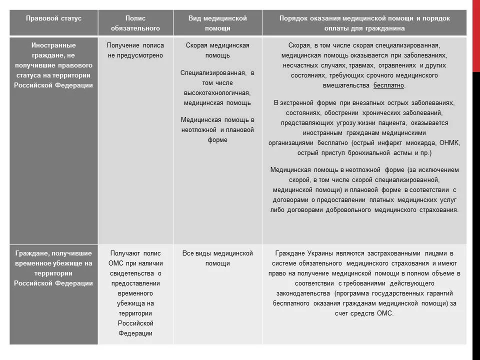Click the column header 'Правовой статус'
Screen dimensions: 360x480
pyautogui.click(x=53, y=18)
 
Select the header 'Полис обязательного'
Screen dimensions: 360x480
pyautogui.click(x=135, y=23)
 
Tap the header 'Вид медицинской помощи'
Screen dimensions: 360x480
pyautogui.click(x=217, y=23)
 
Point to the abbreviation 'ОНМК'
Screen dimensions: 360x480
pyautogui.click(x=448, y=142)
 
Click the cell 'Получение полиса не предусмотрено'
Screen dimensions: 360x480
pyautogui.click(x=135, y=50)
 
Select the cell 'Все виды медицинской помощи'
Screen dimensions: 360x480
pyautogui.click(x=217, y=258)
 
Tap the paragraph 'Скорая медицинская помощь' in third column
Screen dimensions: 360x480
pyautogui.click(x=217, y=50)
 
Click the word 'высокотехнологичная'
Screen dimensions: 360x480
pyautogui.click(x=217, y=92)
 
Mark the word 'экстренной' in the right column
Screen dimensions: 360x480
pyautogui.click(x=303, y=102)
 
